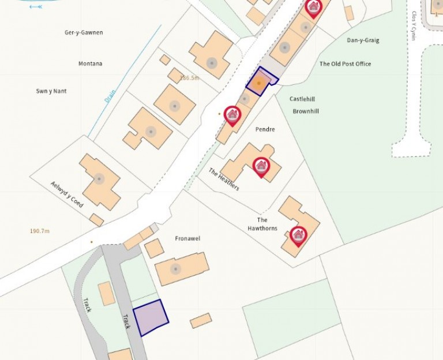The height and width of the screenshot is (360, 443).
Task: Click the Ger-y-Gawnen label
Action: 84,32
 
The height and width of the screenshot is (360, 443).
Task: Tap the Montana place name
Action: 90,63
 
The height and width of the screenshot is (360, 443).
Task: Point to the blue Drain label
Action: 110,95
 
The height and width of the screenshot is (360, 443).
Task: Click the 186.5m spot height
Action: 189,78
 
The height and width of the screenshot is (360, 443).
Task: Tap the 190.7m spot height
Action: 40,231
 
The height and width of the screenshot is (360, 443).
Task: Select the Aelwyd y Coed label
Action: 67,194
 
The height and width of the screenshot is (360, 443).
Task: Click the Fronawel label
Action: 187,238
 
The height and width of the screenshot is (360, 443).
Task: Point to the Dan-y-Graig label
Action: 362,40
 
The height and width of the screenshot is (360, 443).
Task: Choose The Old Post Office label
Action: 346,63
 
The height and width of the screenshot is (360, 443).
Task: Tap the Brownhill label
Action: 306,111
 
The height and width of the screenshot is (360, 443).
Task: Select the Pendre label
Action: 265,130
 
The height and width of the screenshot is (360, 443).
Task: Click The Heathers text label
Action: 224,179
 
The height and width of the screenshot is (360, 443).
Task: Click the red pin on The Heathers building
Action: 261,167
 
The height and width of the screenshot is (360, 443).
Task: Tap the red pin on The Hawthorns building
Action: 298,235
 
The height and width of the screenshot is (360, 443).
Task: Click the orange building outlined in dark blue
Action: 261,82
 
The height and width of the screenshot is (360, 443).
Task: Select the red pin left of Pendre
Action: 232,115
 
